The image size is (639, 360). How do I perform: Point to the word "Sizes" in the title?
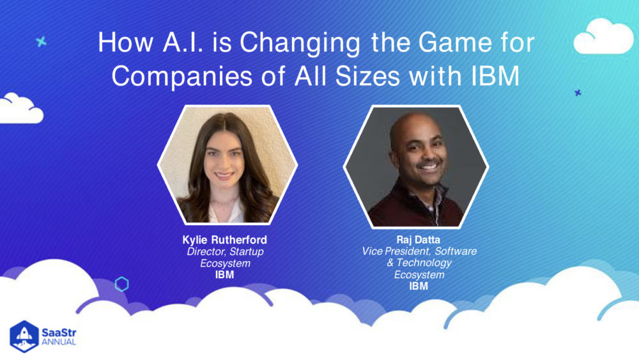[362, 75]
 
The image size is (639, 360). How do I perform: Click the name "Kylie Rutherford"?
[224, 240]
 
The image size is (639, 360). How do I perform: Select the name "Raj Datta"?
[419, 240]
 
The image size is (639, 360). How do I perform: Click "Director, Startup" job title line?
[224, 252]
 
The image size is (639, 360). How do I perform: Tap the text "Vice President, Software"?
[419, 252]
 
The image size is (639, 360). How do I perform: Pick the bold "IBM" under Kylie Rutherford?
[224, 275]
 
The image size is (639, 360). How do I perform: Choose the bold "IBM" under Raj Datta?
[419, 286]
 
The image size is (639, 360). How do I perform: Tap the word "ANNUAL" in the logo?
[59, 342]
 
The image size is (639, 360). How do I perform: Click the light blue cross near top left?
[42, 42]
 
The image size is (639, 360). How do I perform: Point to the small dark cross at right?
[578, 93]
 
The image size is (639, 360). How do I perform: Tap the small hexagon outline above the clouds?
[121, 284]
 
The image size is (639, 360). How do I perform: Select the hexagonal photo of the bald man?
[415, 166]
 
